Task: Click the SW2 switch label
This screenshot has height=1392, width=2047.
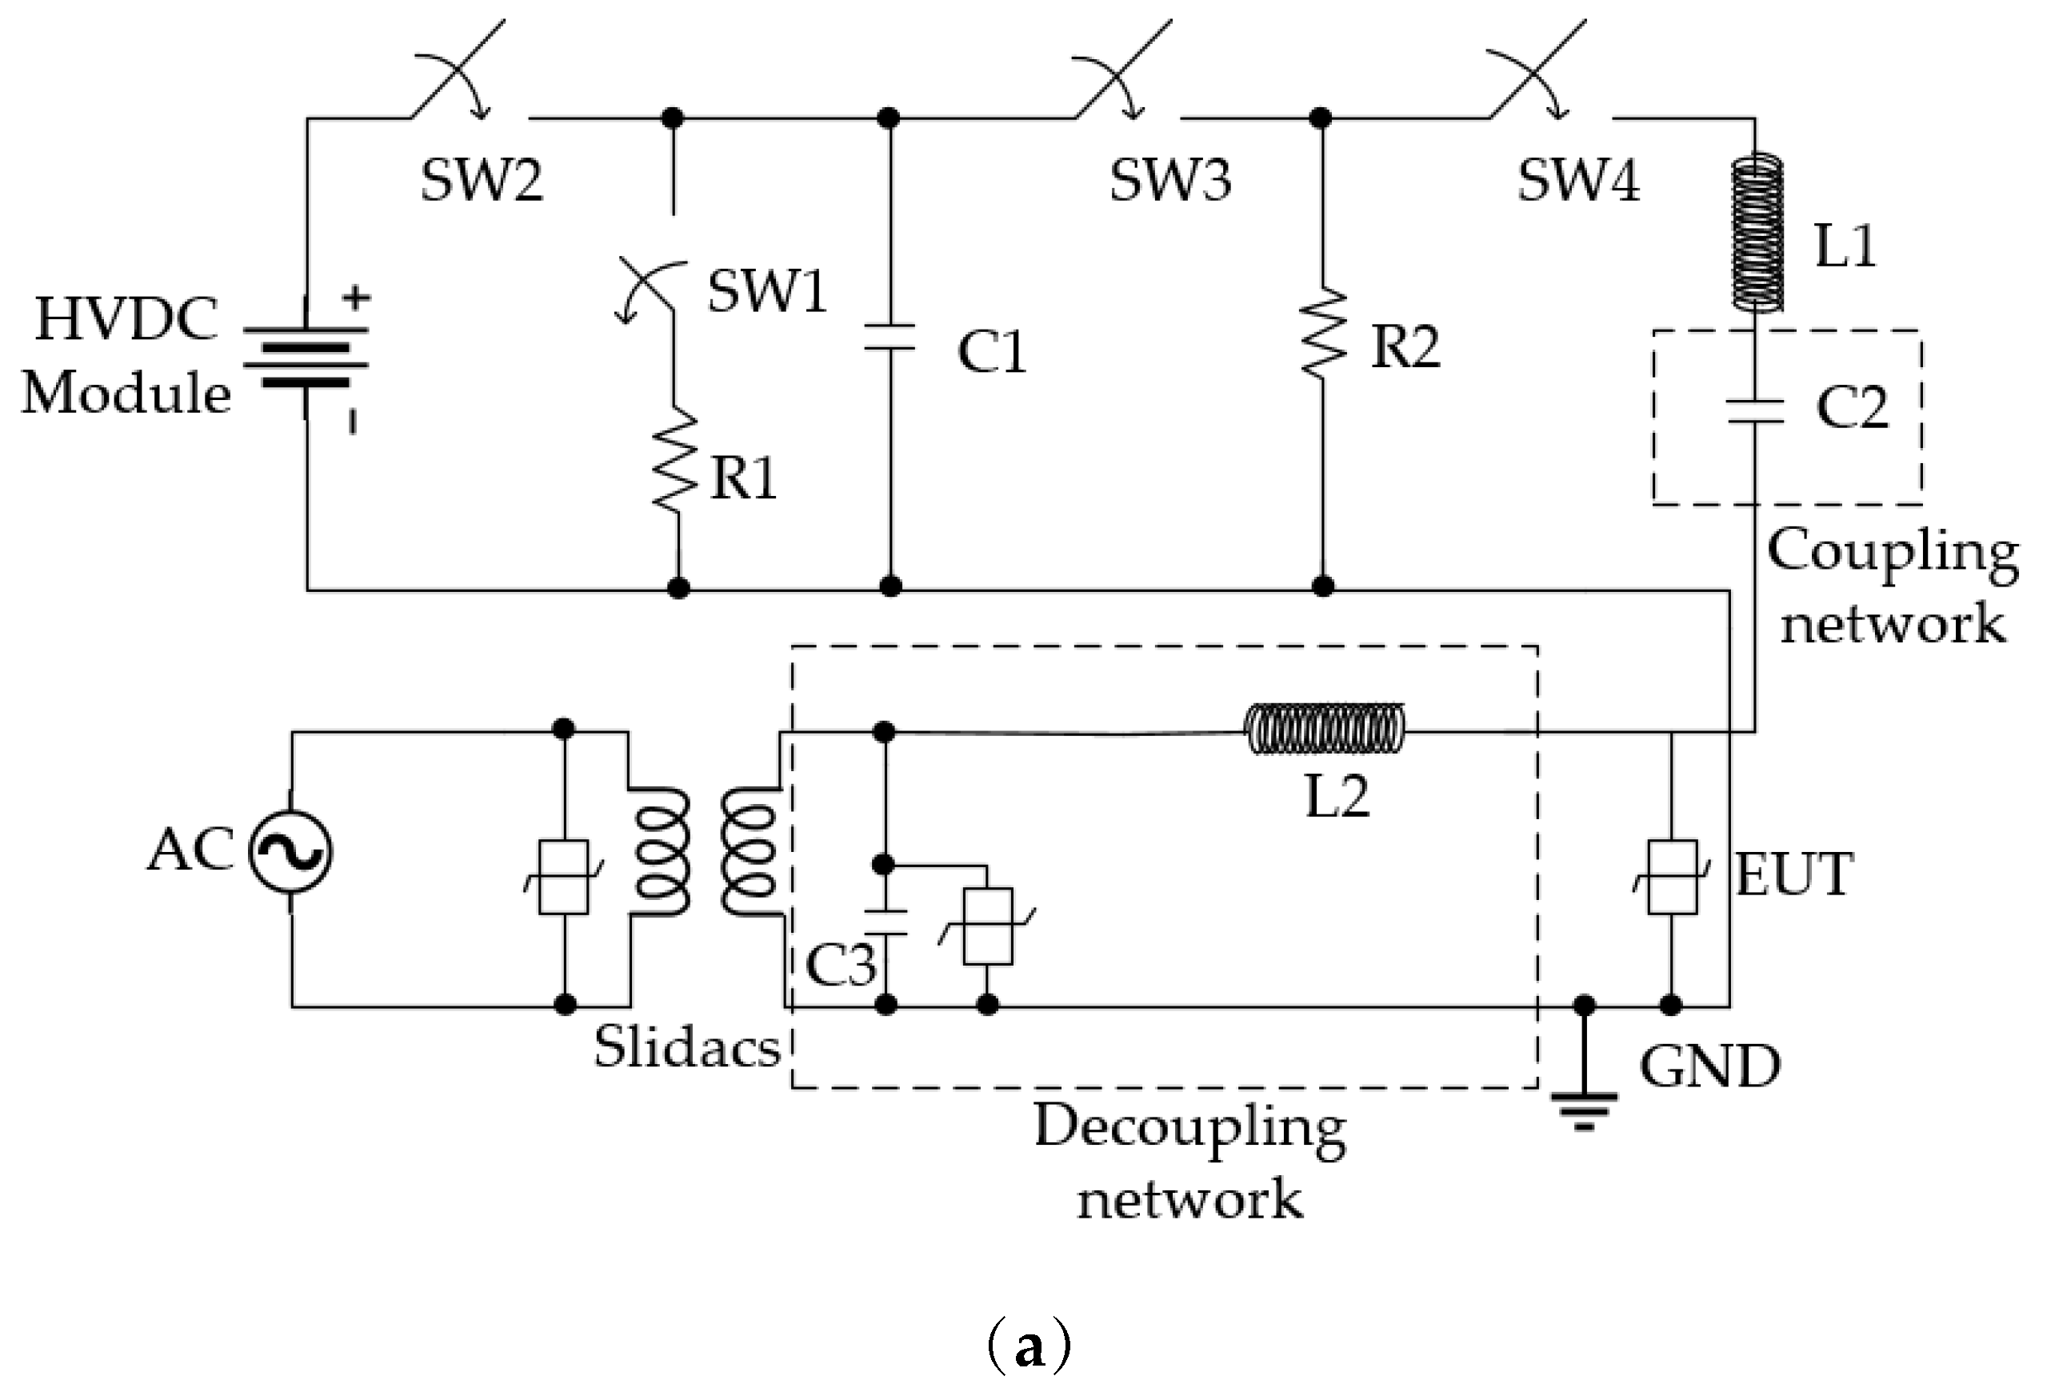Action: pos(482,180)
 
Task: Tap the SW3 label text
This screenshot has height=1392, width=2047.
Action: pos(1169,180)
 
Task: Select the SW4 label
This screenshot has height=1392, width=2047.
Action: pos(1577,180)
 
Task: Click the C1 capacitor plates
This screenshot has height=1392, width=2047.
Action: pos(890,338)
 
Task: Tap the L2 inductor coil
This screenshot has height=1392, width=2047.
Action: pos(1324,729)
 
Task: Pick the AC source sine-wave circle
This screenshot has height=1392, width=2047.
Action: pos(290,852)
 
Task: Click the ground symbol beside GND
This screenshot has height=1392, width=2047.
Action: pos(1584,1105)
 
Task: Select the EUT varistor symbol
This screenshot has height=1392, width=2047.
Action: pos(1671,878)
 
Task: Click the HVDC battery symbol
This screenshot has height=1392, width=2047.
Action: pos(306,357)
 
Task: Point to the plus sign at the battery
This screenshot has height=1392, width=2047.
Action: pos(356,298)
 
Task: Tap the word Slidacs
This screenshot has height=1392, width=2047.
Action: pos(686,1047)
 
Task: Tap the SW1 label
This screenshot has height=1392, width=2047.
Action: pos(767,290)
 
